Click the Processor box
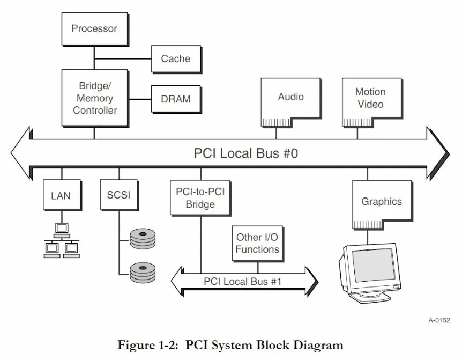click(95, 29)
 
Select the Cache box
click(176, 59)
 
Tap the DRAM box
click(176, 99)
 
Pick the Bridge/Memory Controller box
click(95, 98)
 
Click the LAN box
click(62, 195)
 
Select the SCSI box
click(120, 195)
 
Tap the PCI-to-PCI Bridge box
click(200, 198)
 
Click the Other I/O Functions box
click(257, 244)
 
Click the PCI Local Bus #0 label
click(246, 153)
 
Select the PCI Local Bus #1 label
click(242, 281)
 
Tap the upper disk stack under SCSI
click(143, 239)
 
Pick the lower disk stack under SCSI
click(143, 273)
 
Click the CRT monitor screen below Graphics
click(374, 265)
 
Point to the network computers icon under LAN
click(62, 240)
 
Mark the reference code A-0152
click(439, 320)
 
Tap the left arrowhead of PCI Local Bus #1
click(177, 282)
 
